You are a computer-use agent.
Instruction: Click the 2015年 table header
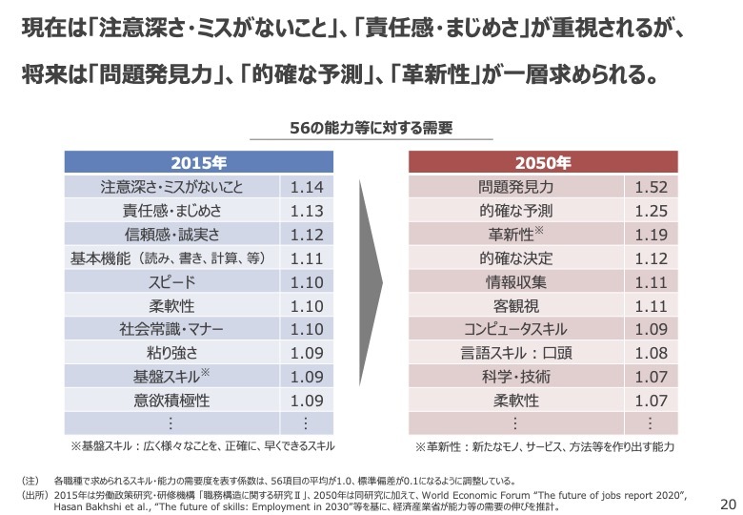tap(199, 161)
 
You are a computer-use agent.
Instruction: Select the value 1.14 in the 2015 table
tap(307, 187)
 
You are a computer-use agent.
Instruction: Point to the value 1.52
tap(651, 187)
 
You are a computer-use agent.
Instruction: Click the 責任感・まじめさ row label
tap(172, 211)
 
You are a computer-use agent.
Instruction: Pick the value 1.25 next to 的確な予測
tap(651, 211)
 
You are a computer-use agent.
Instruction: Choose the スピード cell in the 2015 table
tap(172, 282)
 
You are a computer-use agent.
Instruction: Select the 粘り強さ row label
tap(172, 354)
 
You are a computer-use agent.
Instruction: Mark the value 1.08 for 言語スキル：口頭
tap(651, 354)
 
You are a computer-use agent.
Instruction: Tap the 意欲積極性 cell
tap(172, 402)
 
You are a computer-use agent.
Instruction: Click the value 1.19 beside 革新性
tap(651, 235)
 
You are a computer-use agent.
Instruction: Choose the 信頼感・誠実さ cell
tap(172, 235)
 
